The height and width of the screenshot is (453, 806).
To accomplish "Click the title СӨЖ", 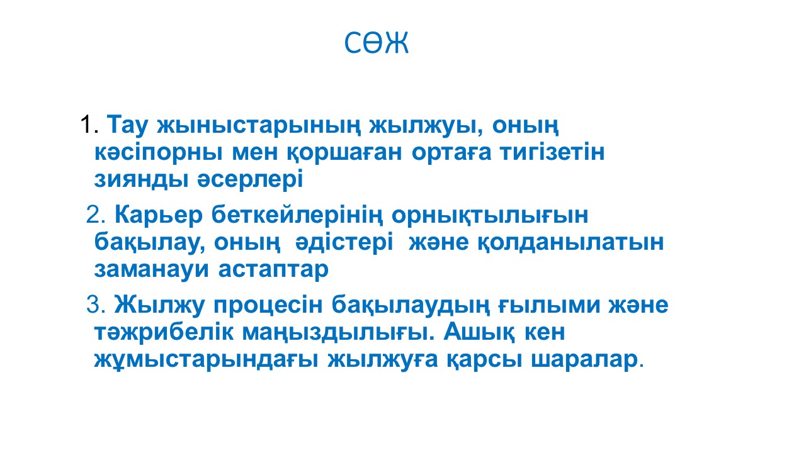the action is [x=377, y=43].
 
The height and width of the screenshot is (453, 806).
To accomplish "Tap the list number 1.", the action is [x=89, y=125].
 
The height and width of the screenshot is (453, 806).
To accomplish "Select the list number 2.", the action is [x=95, y=215].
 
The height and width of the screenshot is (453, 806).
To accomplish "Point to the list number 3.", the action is [x=95, y=305].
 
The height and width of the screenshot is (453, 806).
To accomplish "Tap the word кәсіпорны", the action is [x=158, y=153].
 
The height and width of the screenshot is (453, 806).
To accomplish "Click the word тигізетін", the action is [x=552, y=152].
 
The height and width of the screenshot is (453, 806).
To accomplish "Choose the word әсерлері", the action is [x=250, y=179].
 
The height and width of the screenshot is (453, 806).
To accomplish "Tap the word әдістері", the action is [x=344, y=242].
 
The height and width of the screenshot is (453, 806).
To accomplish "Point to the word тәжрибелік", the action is [x=164, y=332].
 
